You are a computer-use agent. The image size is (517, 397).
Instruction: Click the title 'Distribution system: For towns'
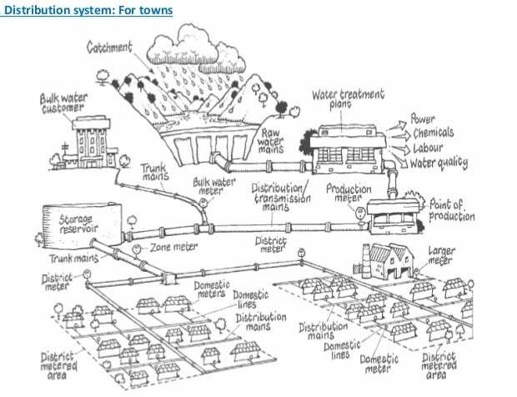[x=88, y=11]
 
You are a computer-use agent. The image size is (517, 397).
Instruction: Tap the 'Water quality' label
[x=439, y=162]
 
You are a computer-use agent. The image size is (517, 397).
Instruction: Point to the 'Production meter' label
[x=348, y=195]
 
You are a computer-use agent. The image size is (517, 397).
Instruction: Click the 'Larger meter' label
[x=442, y=255]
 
